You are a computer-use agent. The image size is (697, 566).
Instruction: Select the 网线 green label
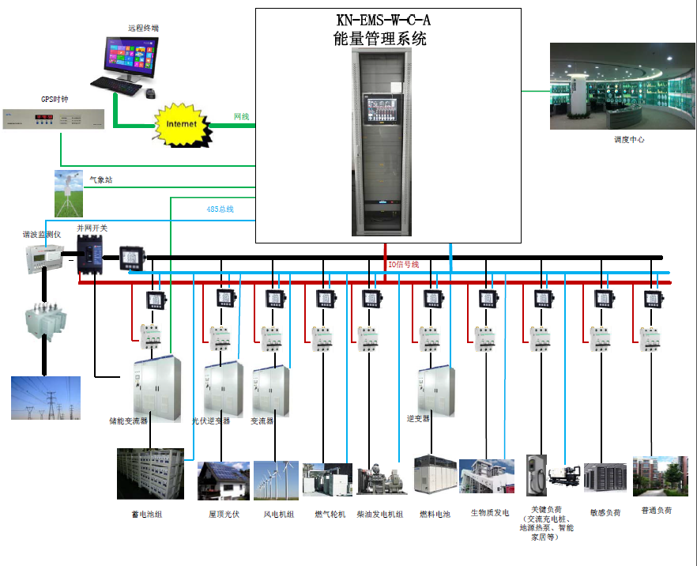click(242, 117)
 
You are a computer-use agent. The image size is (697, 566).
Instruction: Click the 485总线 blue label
click(220, 209)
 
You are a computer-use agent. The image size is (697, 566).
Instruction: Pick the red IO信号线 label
click(403, 264)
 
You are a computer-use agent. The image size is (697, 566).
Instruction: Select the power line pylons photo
click(45, 398)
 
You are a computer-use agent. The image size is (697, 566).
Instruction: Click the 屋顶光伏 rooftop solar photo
click(222, 481)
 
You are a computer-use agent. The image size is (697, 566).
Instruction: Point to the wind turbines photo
click(275, 481)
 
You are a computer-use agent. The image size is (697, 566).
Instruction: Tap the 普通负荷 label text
click(656, 511)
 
